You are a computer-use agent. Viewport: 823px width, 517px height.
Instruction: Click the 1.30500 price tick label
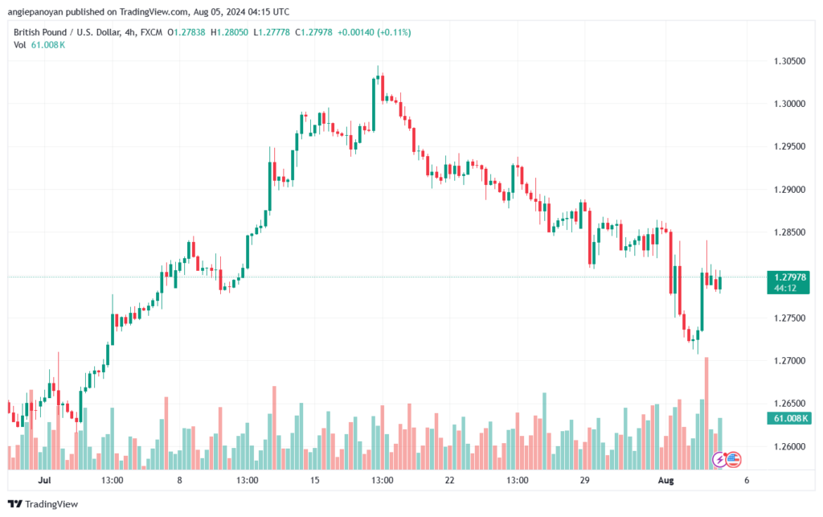(789, 61)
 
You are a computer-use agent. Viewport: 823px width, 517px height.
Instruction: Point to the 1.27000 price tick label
(789, 361)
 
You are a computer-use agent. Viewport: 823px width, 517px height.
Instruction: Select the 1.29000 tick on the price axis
(789, 190)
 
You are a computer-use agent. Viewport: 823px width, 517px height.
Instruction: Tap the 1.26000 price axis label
(789, 447)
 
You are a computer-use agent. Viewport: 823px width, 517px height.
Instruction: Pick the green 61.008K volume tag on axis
(788, 418)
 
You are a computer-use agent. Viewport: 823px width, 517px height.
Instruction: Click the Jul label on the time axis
(45, 480)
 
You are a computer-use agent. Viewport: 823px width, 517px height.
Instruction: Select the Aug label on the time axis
(666, 480)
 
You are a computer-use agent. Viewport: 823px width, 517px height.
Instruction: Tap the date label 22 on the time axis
(449, 480)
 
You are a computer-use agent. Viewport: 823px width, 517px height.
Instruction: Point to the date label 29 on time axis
(585, 480)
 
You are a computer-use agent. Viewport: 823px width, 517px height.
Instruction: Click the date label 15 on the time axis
(314, 480)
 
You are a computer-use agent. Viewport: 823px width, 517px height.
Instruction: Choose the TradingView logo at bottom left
(43, 504)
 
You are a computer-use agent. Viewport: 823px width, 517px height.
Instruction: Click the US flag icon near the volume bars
(733, 460)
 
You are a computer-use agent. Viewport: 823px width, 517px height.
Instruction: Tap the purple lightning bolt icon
(719, 460)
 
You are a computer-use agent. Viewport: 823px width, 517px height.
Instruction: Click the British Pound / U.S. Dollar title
(67, 32)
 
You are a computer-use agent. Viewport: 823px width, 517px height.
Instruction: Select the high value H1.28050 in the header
(229, 32)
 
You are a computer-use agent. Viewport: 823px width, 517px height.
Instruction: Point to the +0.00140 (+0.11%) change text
(375, 32)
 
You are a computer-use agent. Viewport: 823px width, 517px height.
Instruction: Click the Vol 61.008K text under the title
(39, 45)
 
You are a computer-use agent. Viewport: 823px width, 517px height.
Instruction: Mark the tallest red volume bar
(706, 413)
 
